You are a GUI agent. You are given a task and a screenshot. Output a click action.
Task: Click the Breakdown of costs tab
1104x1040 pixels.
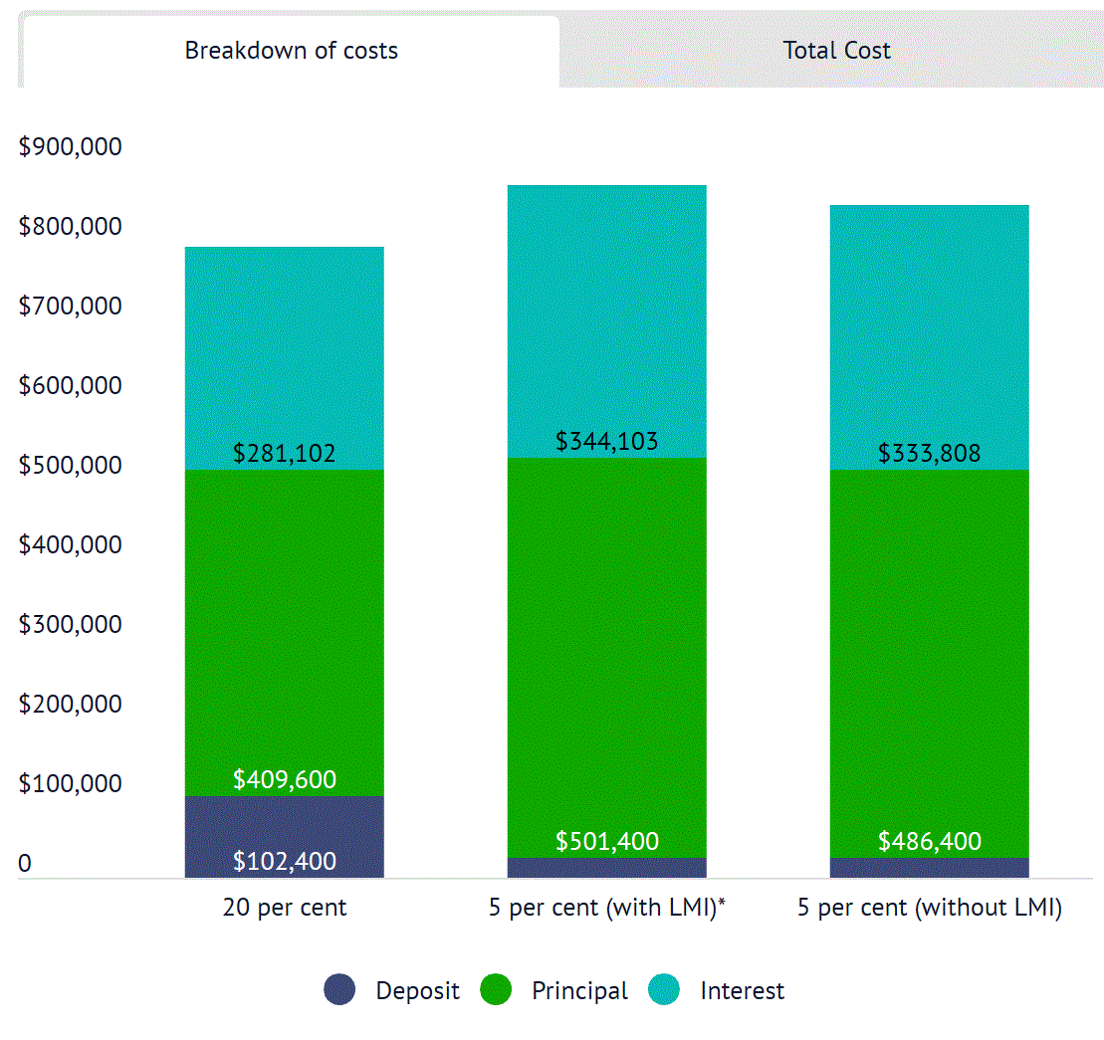click(291, 51)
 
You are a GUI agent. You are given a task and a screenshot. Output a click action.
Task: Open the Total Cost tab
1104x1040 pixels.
click(836, 51)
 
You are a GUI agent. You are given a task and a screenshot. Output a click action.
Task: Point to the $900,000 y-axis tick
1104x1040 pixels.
click(70, 147)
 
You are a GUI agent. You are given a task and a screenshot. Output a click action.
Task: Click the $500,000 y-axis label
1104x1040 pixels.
click(70, 466)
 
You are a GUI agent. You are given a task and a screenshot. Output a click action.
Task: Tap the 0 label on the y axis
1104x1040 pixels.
click(25, 864)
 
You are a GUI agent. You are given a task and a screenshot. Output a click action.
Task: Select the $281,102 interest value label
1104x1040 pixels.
click(285, 454)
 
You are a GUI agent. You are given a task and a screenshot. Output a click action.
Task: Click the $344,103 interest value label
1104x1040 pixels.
click(607, 441)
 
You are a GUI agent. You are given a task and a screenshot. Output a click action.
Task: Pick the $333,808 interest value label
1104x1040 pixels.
click(930, 454)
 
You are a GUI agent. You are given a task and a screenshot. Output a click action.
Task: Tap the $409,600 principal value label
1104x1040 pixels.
click(285, 779)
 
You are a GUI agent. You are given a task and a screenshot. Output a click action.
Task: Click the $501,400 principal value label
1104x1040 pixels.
click(607, 842)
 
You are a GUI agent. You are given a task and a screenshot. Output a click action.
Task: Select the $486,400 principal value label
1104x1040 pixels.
click(930, 842)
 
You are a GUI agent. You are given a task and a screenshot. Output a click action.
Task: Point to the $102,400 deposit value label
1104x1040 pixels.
click(285, 862)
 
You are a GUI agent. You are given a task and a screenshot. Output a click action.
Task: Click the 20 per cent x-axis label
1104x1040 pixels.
click(285, 908)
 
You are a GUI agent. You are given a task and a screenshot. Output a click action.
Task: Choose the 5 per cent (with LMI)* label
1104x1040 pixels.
click(606, 908)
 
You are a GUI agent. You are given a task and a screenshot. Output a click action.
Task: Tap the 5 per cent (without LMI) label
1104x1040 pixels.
click(930, 908)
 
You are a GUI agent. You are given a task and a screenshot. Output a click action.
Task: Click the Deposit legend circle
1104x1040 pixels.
click(339, 990)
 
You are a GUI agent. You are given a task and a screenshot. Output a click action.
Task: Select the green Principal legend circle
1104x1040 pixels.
click(496, 990)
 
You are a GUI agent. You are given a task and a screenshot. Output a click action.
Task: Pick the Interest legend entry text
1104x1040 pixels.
click(742, 991)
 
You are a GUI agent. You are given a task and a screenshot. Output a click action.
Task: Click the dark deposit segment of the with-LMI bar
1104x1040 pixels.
click(607, 869)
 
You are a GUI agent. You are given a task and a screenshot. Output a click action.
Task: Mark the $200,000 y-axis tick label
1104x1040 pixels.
click(70, 705)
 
